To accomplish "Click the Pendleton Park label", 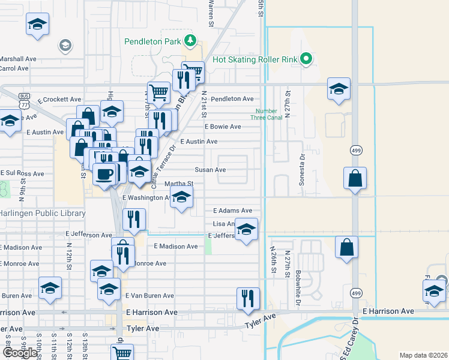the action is coord(152,42).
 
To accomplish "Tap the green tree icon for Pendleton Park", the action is coord(190,41).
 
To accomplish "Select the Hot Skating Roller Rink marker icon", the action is coord(306,59).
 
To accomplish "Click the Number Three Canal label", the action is coord(267,114).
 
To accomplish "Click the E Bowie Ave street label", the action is coord(223,127).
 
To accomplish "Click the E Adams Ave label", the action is coord(233,211).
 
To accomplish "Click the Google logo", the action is coord(20,353).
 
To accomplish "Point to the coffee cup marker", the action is coord(104,174).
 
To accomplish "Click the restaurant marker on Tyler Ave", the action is coord(248,298).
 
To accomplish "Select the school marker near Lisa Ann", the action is coord(246,229).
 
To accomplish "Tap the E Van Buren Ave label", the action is coord(149,296).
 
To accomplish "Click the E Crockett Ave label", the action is coord(59,100).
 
